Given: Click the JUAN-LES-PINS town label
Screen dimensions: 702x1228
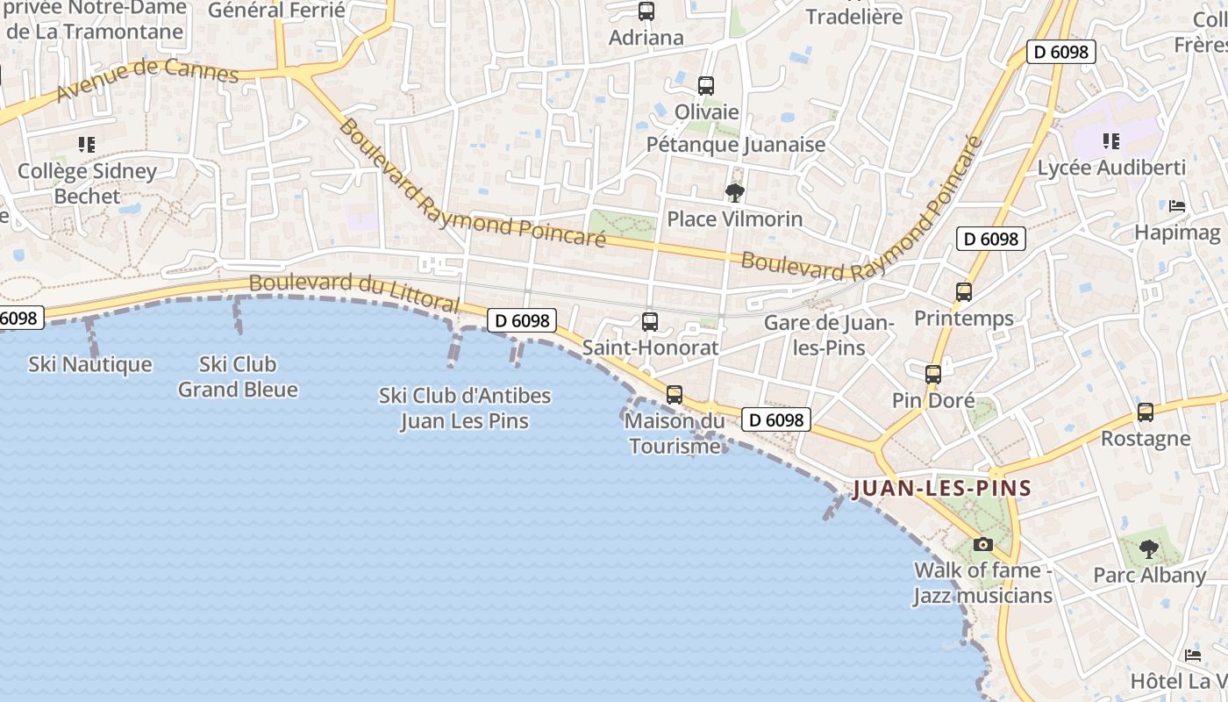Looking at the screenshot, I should pos(941,488).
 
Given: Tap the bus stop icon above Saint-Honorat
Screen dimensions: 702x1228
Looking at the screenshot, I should pos(649,322).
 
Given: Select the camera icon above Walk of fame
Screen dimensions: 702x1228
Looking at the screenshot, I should pos(982,544).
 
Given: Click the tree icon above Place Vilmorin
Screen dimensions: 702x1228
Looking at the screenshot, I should pos(735,192).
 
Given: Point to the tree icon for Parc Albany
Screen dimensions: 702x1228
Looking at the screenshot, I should pos(1148,549).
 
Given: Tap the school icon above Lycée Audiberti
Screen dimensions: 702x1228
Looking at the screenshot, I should pos(1111,141).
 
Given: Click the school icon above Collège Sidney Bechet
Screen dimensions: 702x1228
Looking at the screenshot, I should pos(86,145).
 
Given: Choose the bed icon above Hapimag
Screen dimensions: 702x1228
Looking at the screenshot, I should pos(1177,206).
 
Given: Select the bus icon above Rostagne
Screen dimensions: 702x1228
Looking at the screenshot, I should pos(1145,412).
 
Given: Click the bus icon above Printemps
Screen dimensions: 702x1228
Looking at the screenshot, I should pos(964,292).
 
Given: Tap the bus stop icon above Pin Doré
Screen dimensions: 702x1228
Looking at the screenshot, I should pos(932,375).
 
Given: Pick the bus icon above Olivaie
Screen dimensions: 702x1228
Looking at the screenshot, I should pos(706,86).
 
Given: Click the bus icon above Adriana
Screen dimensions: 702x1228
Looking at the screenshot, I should pos(646,11).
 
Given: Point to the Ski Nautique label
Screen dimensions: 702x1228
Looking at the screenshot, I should pos(90,364).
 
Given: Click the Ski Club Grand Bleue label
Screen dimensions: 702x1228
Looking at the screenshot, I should pos(238,376).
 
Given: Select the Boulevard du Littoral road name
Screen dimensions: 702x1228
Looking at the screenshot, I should pos(353,293).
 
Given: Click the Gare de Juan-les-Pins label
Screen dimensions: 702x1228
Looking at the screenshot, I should pos(828,334).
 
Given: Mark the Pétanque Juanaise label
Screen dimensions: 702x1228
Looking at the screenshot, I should pos(736,144).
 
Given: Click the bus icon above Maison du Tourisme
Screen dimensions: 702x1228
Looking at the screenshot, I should pos(674,395).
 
